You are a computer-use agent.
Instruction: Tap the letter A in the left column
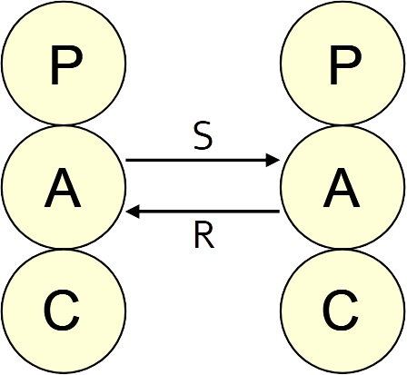[63, 188]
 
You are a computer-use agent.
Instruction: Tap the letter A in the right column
[342, 188]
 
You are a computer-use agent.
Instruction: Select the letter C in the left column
[62, 311]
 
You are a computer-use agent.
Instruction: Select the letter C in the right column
[341, 311]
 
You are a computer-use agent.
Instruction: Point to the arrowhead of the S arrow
[273, 160]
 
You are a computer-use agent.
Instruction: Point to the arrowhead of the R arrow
[133, 212]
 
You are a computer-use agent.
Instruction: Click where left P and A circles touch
[64, 124]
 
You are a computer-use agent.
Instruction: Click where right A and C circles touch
[342, 249]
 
